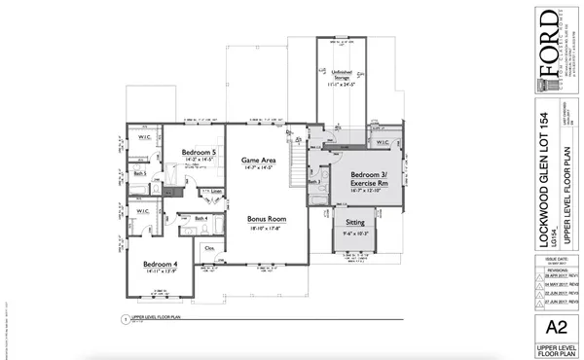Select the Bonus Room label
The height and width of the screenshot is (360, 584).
pyautogui.click(x=263, y=220)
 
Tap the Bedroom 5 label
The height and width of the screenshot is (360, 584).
pyautogui.click(x=199, y=153)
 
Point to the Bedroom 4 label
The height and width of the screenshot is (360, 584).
pyautogui.click(x=160, y=266)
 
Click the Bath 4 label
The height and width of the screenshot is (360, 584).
pyautogui.click(x=201, y=220)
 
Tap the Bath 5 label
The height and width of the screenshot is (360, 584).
pyautogui.click(x=140, y=174)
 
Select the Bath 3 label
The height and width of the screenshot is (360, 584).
pyautogui.click(x=312, y=182)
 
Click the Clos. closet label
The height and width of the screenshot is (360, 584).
pyautogui.click(x=207, y=248)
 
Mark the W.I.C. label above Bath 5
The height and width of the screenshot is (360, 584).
pyautogui.click(x=142, y=137)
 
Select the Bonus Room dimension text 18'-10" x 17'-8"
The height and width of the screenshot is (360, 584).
pyautogui.click(x=263, y=230)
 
